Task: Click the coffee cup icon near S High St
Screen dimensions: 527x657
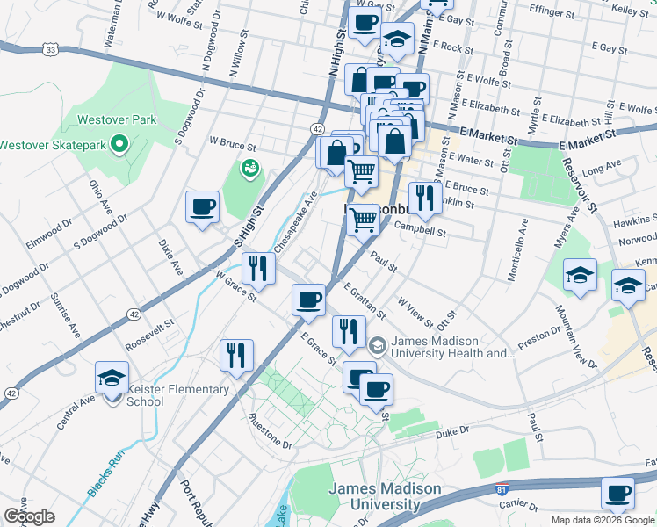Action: pos(203,207)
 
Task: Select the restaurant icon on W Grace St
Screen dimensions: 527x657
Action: pos(258,267)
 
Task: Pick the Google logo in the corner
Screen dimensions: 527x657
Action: pos(29,516)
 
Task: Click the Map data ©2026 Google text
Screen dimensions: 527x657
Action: pos(603,520)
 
